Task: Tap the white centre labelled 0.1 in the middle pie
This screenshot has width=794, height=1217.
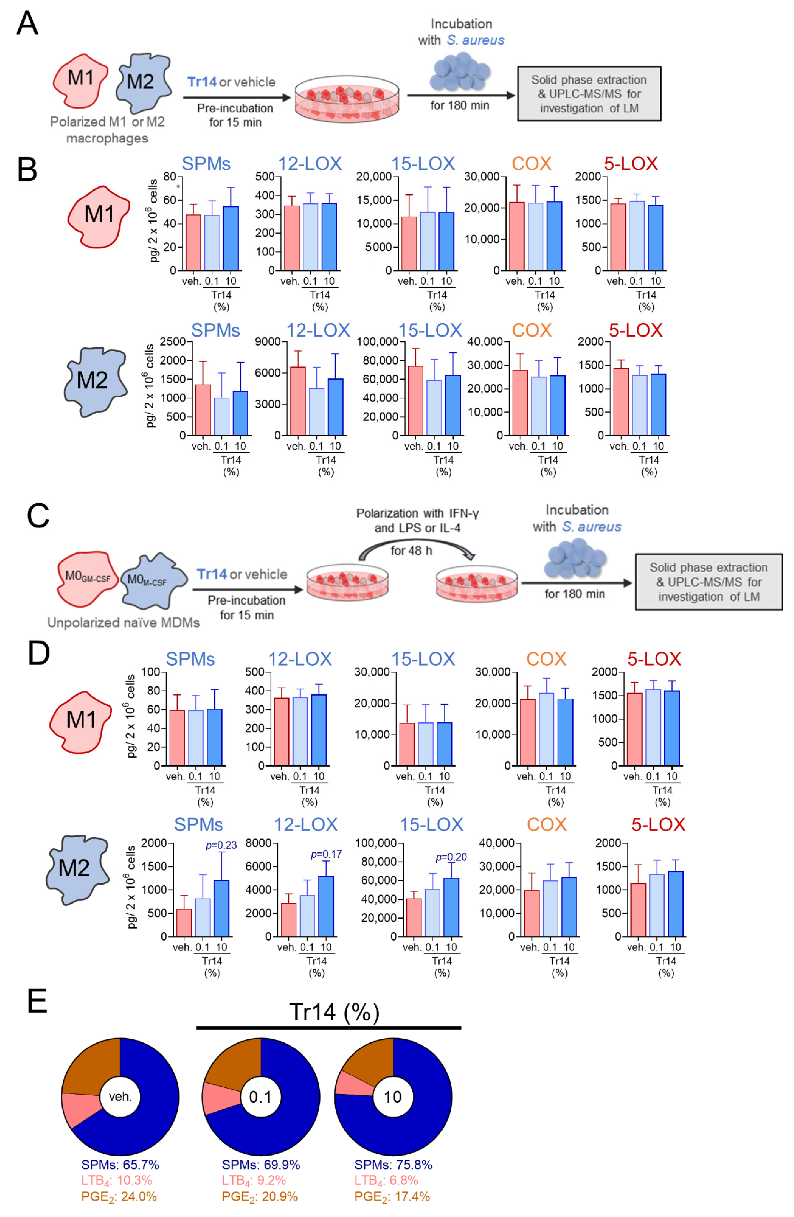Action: [x=260, y=1097]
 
